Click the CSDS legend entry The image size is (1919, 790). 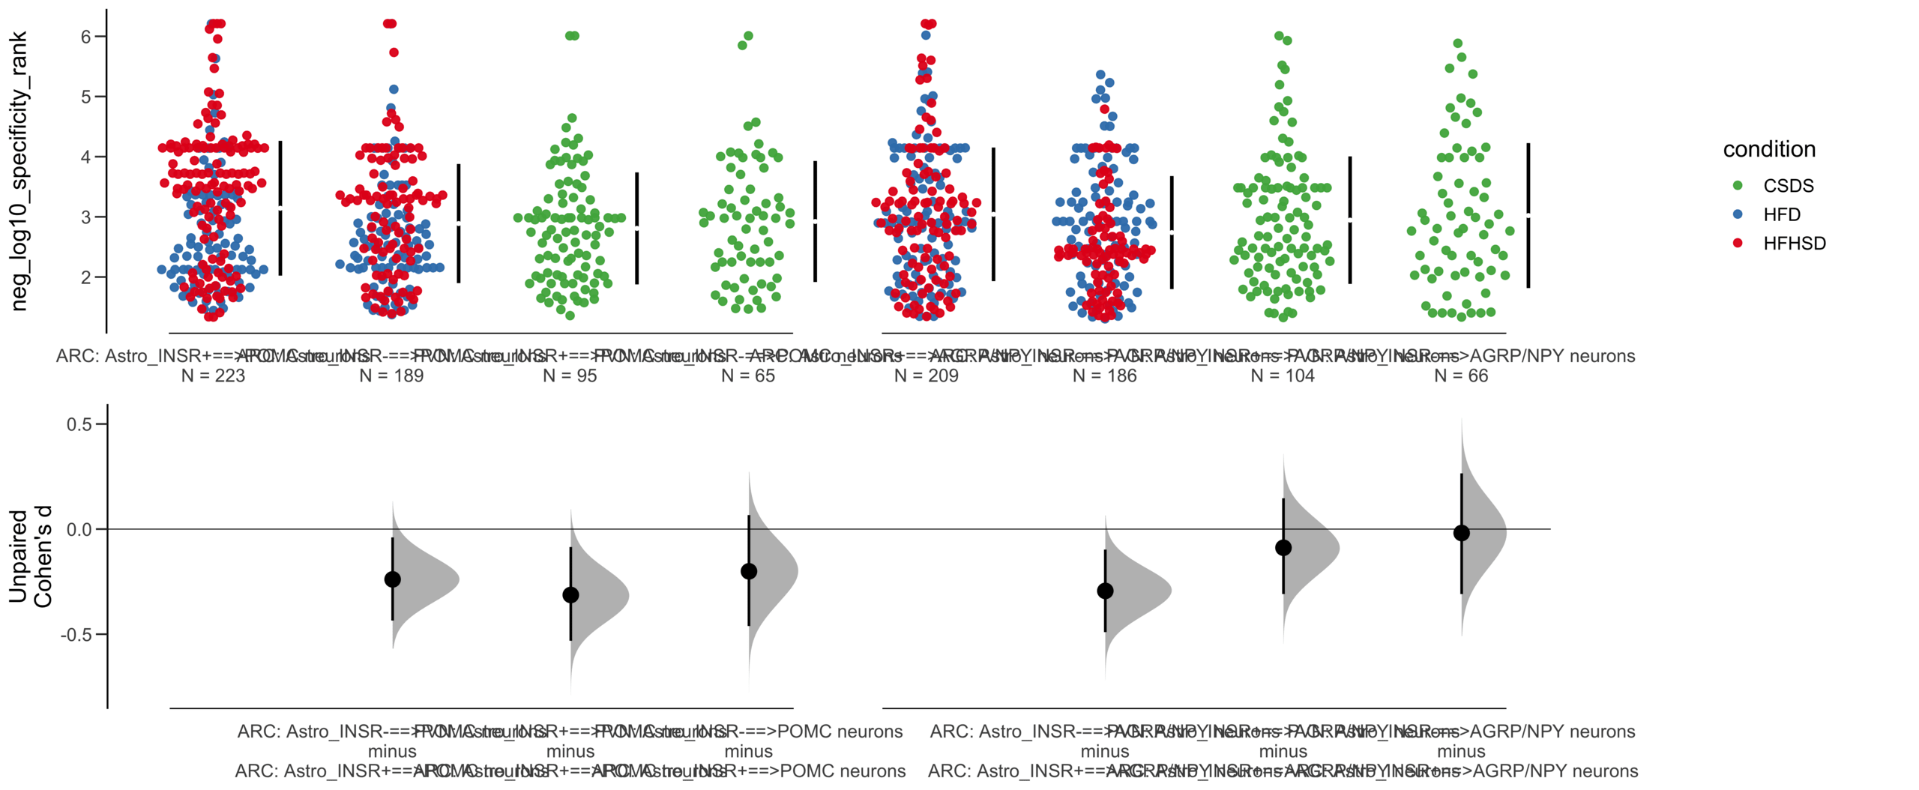(x=1787, y=186)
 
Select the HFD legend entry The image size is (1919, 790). (x=1781, y=214)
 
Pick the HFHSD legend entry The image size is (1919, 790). (x=1793, y=243)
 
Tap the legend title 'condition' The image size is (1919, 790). (x=1768, y=149)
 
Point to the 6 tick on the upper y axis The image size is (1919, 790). (x=85, y=37)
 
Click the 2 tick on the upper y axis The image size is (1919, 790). (x=85, y=277)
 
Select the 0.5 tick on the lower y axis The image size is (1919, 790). (x=79, y=424)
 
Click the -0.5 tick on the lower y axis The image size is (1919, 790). (x=77, y=635)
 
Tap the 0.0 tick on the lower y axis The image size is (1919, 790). (x=79, y=530)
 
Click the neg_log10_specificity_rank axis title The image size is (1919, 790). (x=19, y=171)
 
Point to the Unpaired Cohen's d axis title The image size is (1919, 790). (x=30, y=556)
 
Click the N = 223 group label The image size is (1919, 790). (x=213, y=376)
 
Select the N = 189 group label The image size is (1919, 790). (x=391, y=376)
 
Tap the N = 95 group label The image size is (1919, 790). (x=570, y=376)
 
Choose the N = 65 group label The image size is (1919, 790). (x=748, y=376)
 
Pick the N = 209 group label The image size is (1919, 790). (x=926, y=376)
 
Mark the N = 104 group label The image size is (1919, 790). (x=1283, y=376)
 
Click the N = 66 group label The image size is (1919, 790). (x=1461, y=376)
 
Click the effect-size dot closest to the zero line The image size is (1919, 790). (x=1461, y=533)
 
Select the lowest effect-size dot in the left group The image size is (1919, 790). (x=570, y=595)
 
